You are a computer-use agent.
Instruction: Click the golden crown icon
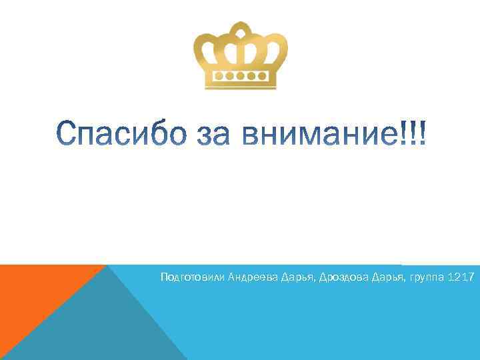[x=240, y=57]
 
